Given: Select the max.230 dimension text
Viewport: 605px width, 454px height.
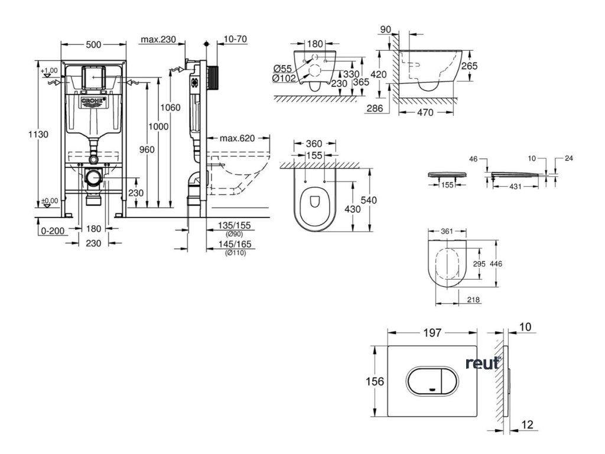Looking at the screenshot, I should (159, 40).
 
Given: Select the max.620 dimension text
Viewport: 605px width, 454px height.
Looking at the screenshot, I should (237, 138).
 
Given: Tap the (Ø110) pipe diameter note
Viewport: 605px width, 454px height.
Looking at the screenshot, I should (236, 252).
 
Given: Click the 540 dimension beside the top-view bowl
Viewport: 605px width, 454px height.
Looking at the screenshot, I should (368, 200).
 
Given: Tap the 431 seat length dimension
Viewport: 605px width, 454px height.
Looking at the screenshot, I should (515, 186).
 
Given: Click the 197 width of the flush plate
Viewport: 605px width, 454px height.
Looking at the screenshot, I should (432, 333).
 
